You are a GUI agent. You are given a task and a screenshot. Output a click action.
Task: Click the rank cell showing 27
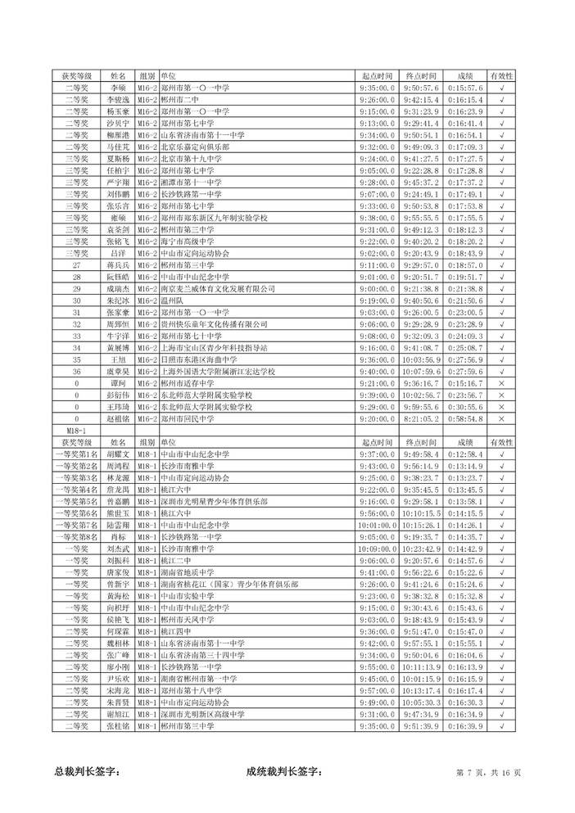[76, 265]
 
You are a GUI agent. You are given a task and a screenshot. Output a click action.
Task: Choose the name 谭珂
[117, 383]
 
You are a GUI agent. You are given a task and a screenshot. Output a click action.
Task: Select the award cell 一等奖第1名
[76, 454]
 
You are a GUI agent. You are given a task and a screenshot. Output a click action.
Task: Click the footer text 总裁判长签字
[87, 770]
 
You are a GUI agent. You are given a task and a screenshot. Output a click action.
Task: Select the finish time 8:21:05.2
[423, 418]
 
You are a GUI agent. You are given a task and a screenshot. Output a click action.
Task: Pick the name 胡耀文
[117, 454]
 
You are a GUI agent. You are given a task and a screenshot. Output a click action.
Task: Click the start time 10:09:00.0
[377, 548]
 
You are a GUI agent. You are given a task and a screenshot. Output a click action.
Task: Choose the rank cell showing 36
[76, 371]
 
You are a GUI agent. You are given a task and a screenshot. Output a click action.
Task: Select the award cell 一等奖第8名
[76, 536]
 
